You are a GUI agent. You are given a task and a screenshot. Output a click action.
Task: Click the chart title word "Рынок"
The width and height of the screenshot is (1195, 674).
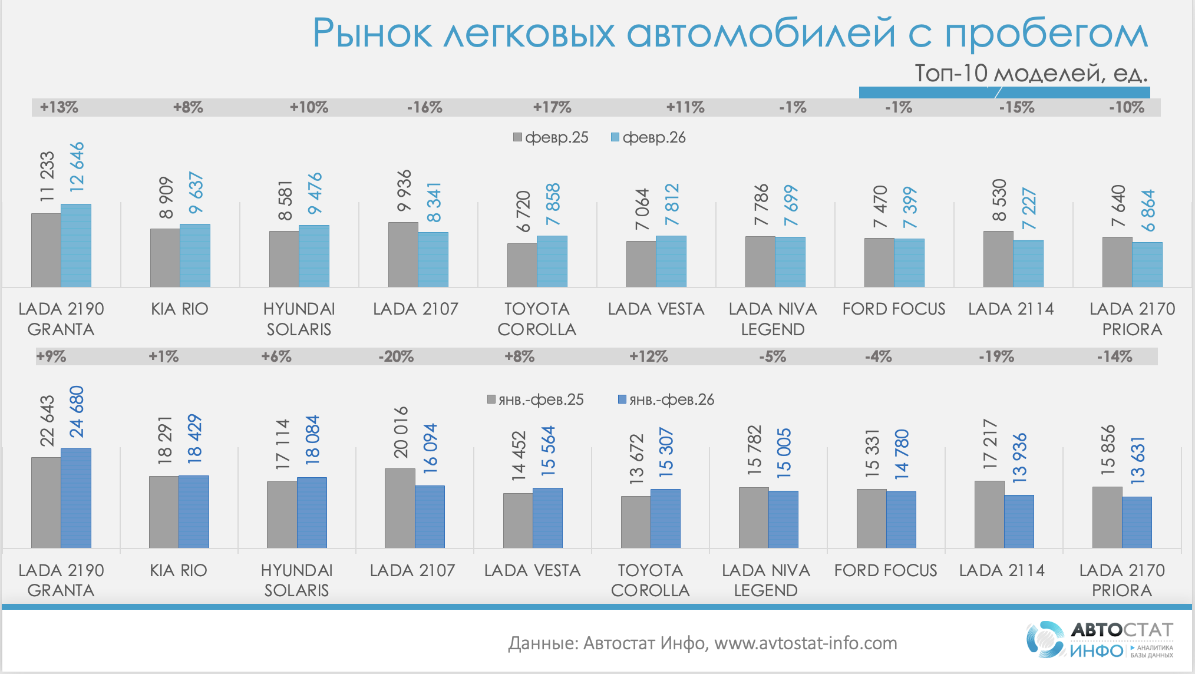tap(372, 34)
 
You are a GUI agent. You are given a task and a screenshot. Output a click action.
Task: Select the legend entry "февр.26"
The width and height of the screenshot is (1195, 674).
tap(648, 138)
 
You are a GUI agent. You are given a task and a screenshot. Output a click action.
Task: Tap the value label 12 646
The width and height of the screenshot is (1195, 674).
tap(77, 167)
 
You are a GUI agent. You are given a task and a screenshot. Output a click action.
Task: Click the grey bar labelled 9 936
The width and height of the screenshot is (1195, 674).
tap(403, 255)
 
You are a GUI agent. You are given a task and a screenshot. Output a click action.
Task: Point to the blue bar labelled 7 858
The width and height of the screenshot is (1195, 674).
tap(552, 262)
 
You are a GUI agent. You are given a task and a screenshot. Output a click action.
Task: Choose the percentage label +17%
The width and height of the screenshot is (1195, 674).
tap(552, 107)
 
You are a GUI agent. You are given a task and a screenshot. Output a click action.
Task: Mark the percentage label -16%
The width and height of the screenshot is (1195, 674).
tap(424, 107)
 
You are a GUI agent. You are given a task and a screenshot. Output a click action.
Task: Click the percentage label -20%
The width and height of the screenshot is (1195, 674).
tap(396, 356)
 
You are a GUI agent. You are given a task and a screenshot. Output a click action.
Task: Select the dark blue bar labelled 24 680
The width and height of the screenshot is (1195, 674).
tap(76, 498)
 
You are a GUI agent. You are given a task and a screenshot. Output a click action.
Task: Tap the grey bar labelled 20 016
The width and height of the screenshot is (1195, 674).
tap(400, 508)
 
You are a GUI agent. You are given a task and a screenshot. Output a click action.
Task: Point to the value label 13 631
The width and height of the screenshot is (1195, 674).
tap(1137, 460)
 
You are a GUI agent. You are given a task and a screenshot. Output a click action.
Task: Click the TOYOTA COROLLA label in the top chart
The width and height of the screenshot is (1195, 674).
tap(537, 319)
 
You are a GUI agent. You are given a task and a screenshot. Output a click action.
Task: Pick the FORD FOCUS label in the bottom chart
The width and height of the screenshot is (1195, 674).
tap(886, 570)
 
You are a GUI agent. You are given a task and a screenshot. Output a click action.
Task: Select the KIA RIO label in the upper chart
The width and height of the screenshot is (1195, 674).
tap(180, 309)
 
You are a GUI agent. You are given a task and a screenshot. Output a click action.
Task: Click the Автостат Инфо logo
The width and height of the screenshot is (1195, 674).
tap(1100, 639)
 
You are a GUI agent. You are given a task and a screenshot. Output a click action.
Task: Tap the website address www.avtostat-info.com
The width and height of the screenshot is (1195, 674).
tap(806, 643)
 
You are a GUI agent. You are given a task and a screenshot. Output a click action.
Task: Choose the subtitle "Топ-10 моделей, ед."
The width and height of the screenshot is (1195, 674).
tap(1031, 73)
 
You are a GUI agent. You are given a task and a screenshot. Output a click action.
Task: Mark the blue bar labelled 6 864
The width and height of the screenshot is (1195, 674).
tap(1147, 265)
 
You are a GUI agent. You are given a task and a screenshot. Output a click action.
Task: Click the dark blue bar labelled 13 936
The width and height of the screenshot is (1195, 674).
tap(1019, 521)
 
